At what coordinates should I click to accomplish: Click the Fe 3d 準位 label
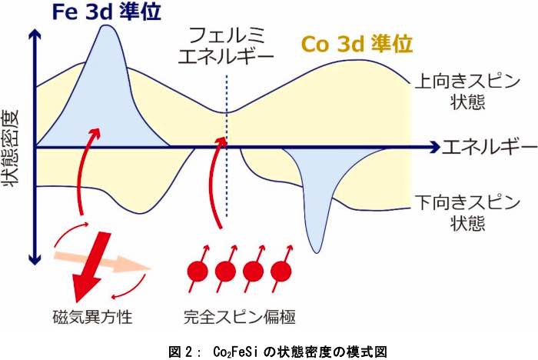coord(106,12)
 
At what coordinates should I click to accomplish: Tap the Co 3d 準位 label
coord(357,44)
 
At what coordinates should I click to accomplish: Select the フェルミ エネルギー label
coord(226,46)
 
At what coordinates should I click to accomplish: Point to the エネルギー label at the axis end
coord(490,147)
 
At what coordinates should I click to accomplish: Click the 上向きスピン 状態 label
coord(467,92)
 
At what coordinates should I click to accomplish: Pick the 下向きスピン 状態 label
coord(467,213)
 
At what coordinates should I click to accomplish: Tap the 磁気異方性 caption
coord(93,316)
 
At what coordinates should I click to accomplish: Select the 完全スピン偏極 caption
coord(240,317)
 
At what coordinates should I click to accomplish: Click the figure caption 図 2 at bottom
coord(278,352)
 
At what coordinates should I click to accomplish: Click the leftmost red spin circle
coord(198,272)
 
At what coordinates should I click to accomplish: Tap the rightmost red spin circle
coord(281,272)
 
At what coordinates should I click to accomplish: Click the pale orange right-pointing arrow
coord(103,262)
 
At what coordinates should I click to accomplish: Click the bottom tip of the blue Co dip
coord(317,253)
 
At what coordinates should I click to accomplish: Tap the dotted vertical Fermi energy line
coord(227,146)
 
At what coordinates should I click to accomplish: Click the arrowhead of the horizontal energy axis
coord(435,148)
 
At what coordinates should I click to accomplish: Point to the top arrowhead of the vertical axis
coord(35,34)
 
